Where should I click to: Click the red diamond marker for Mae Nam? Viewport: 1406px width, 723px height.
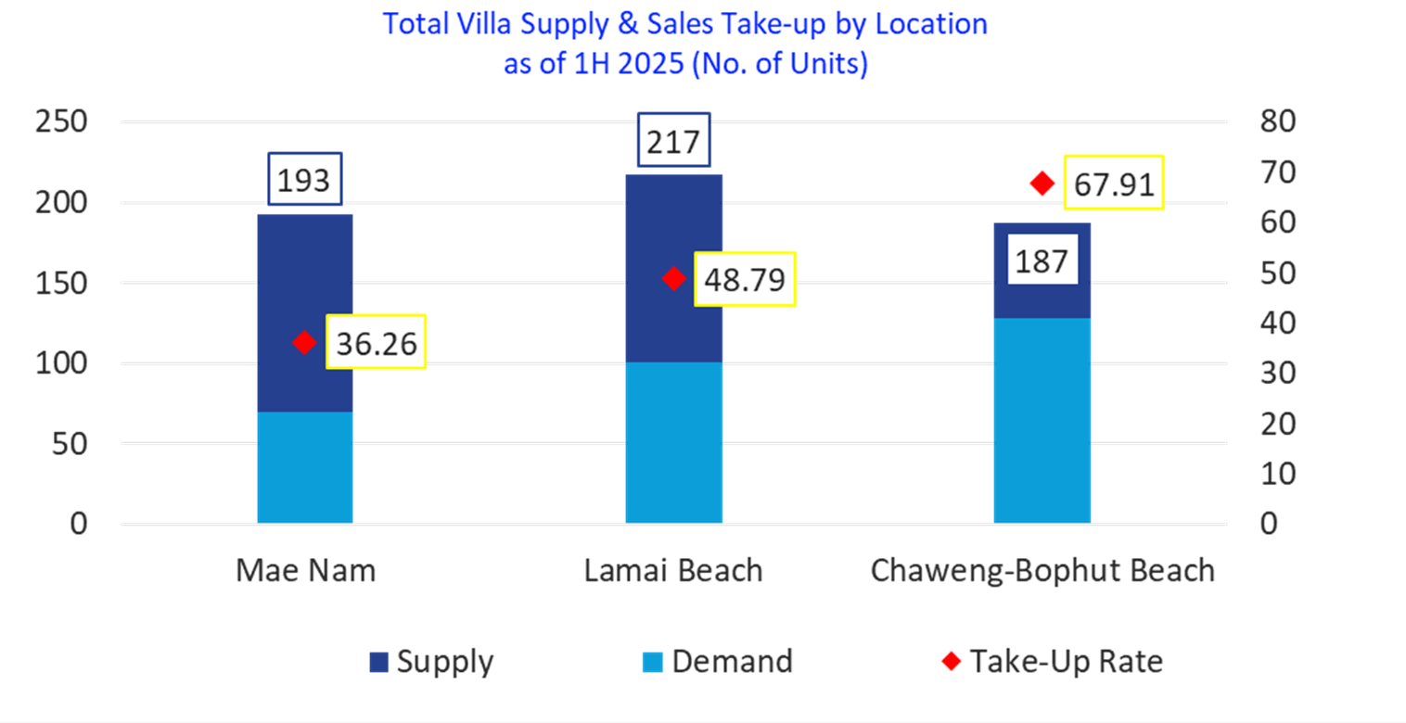click(x=303, y=343)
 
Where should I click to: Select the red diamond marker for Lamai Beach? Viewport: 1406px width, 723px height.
click(x=674, y=278)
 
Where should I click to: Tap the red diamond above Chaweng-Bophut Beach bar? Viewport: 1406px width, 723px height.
click(x=1042, y=184)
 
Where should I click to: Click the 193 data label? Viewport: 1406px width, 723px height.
click(x=304, y=179)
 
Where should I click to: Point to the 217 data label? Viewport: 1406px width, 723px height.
click(x=674, y=143)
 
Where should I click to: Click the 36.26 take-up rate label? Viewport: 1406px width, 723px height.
click(x=376, y=343)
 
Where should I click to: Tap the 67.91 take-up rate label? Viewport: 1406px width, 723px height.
click(x=1113, y=184)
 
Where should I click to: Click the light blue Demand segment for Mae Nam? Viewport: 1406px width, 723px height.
click(x=304, y=468)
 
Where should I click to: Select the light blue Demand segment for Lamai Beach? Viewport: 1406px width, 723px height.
click(x=674, y=443)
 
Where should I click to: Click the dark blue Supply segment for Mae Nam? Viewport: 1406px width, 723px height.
click(x=304, y=278)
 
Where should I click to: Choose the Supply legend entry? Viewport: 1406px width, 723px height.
click(x=432, y=662)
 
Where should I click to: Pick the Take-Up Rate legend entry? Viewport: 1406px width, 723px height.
click(x=1053, y=662)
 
